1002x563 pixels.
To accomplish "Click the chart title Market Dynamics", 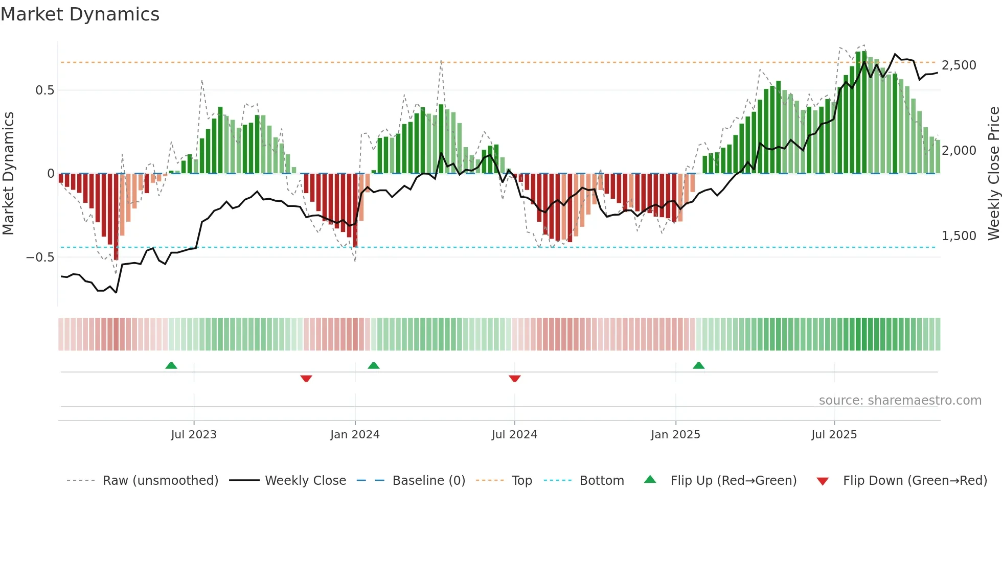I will point(80,14).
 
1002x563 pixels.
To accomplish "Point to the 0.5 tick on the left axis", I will point(44,90).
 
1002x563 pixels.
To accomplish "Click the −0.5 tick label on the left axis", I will point(40,257).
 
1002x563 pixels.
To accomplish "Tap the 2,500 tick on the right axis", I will point(959,65).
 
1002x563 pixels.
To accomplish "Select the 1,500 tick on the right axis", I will point(959,236).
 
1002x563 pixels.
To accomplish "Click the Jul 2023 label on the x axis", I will point(194,435).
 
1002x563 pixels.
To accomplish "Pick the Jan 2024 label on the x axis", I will point(355,435).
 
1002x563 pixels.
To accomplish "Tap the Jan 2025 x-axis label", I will point(675,435).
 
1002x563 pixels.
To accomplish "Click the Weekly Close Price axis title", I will point(993,174).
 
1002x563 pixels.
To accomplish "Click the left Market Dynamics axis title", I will point(8,174).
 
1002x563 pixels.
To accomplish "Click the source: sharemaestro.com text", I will point(900,401).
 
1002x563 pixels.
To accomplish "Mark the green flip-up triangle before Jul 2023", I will point(171,366).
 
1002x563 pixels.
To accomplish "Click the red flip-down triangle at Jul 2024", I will point(515,379).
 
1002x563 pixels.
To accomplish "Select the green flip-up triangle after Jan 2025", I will point(698,366).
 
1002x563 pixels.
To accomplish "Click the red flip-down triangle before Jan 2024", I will point(306,379).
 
